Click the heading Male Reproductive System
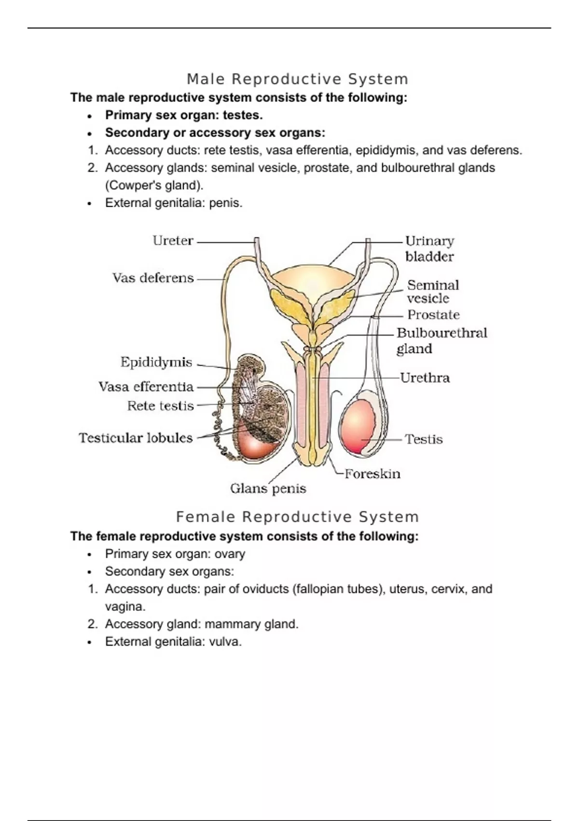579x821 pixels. [x=297, y=79]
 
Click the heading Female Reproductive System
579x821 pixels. [x=297, y=517]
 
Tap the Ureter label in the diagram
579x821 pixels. [x=173, y=241]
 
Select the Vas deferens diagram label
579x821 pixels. [x=153, y=278]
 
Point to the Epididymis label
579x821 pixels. [x=156, y=362]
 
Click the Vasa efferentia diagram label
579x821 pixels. [x=146, y=387]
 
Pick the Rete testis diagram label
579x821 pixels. [x=160, y=406]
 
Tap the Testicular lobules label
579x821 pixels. [x=136, y=438]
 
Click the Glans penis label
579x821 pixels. [x=268, y=489]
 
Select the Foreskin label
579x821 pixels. [x=372, y=474]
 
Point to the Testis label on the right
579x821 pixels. [x=424, y=439]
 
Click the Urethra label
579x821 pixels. [x=425, y=378]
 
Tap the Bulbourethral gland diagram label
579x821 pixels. [x=441, y=340]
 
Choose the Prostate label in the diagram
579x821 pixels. [x=433, y=315]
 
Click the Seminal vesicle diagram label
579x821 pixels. [x=432, y=291]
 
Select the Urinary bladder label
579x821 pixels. [x=429, y=248]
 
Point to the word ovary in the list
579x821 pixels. [x=230, y=554]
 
